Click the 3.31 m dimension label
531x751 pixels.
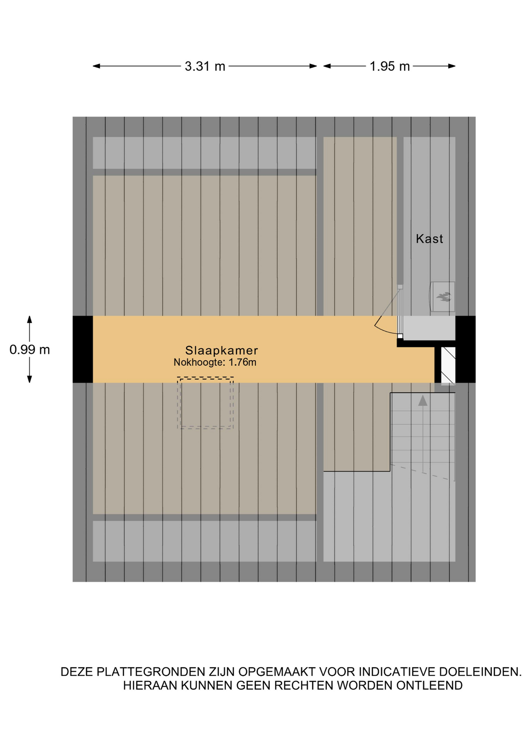[205, 66]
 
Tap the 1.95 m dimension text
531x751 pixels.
[389, 66]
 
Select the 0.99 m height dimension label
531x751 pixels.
[30, 350]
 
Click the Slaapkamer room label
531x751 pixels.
[221, 350]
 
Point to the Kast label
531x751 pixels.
[429, 239]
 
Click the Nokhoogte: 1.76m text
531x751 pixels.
[215, 362]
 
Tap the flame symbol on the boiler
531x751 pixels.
[444, 297]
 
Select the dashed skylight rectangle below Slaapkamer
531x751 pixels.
[205, 403]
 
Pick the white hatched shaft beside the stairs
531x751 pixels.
[448, 365]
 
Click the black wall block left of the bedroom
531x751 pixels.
[83, 349]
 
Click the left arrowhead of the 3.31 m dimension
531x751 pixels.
[96, 66]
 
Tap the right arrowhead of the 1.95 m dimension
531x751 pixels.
[452, 66]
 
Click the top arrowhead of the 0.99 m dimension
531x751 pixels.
[29, 320]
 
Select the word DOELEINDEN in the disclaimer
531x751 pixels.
[480, 672]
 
